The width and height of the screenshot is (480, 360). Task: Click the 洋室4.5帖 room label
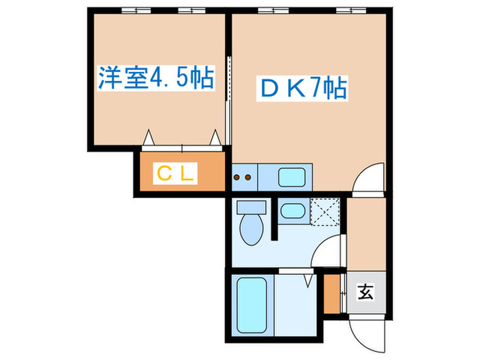pyautogui.click(x=156, y=77)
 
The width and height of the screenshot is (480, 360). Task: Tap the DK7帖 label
pyautogui.click(x=303, y=88)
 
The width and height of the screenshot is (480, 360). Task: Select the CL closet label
pyautogui.click(x=175, y=173)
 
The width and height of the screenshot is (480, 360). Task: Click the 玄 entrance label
pyautogui.click(x=365, y=292)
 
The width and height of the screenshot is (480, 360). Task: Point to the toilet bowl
pyautogui.click(x=252, y=229)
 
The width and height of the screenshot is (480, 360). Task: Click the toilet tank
pyautogui.click(x=252, y=207)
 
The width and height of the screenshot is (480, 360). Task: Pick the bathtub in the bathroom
pyautogui.click(x=252, y=305)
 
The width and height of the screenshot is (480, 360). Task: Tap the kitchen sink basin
pyautogui.click(x=291, y=177)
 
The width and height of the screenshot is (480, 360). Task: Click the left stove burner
pyautogui.click(x=237, y=177)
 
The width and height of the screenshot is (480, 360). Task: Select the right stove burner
pyautogui.click(x=248, y=177)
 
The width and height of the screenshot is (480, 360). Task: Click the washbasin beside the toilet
pyautogui.click(x=293, y=211)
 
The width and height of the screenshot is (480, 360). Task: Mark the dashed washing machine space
pyautogui.click(x=325, y=212)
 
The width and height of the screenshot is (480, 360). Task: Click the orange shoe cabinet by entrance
pyautogui.click(x=332, y=294)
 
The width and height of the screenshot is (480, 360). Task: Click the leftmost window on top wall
pyautogui.click(x=136, y=11)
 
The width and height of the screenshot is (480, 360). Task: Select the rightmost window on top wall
pyautogui.click(x=351, y=11)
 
